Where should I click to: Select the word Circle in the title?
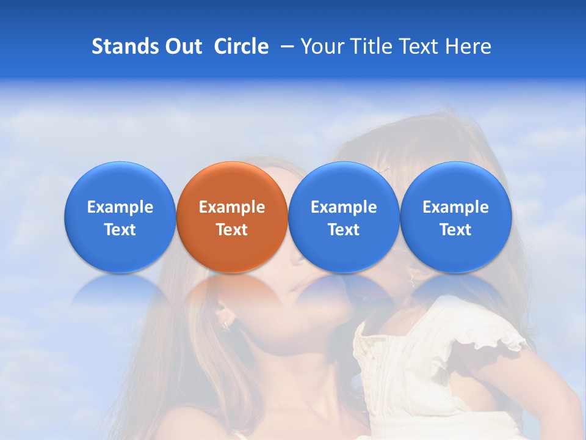tap(241, 46)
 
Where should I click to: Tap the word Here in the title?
tap(469, 46)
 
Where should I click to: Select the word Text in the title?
tap(419, 46)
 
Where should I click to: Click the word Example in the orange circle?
tap(232, 207)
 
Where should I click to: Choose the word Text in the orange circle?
tap(232, 230)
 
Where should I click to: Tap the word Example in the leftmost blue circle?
tap(120, 207)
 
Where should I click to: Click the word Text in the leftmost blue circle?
tap(120, 230)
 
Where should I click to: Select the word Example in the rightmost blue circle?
tap(455, 207)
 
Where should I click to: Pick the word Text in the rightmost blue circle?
tap(455, 230)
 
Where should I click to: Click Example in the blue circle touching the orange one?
tap(344, 207)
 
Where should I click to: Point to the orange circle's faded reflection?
tap(232, 293)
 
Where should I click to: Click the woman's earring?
tap(225, 324)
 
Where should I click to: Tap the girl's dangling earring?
tap(412, 282)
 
